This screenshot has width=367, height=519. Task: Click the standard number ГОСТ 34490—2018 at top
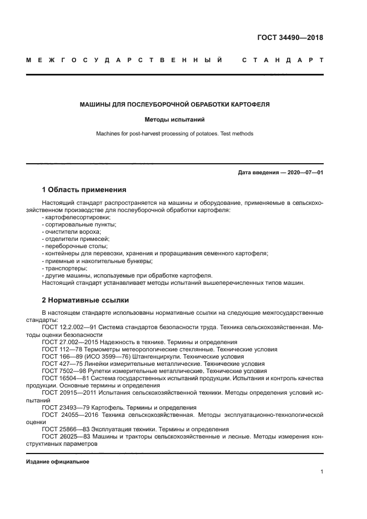pyautogui.click(x=290, y=38)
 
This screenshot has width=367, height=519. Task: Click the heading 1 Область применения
pyautogui.click(x=84, y=189)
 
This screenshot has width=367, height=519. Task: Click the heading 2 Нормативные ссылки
pyautogui.click(x=85, y=300)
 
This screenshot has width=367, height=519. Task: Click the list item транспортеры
pyautogui.click(x=61, y=268)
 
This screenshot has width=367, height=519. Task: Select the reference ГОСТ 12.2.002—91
pyautogui.click(x=71, y=327)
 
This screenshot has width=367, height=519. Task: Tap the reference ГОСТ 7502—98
pyautogui.click(x=64, y=371)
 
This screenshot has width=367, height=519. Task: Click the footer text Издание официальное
pyautogui.click(x=57, y=462)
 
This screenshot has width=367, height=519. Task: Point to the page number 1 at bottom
pyautogui.click(x=321, y=472)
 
